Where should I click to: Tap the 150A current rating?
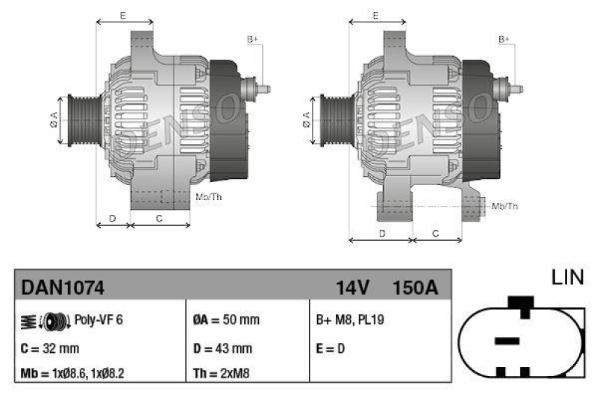pos(414,287)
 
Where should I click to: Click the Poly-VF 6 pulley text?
pos(99,320)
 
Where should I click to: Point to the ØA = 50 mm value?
pos(226,320)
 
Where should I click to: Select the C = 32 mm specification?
pos(50,348)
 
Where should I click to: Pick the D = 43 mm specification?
pos(223,348)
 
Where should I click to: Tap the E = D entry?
pos(331,348)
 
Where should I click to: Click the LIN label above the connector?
pos(566,278)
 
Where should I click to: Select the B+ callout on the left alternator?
pos(253,39)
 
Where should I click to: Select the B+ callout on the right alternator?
pos(504,39)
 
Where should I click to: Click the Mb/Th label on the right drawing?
pos(505,206)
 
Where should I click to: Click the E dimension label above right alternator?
pos(376,15)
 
